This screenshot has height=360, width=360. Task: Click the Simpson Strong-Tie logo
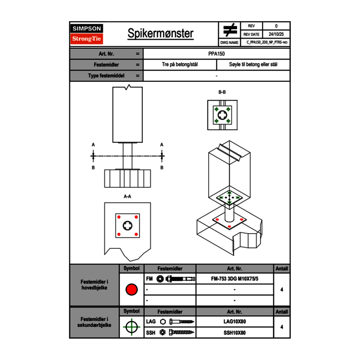click(x=87, y=34)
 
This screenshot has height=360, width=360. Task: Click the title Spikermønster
click(x=160, y=34)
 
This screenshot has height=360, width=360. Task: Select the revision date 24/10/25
click(x=276, y=34)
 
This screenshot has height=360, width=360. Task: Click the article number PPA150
click(x=216, y=54)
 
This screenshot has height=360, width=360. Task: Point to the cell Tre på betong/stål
click(x=180, y=65)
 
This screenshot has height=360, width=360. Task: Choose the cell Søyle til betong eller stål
click(x=253, y=65)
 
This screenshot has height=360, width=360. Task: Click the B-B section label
click(x=222, y=92)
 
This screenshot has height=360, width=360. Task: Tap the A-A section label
click(x=128, y=196)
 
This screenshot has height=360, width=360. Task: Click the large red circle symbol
click(x=131, y=290)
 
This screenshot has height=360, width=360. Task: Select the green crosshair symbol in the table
click(x=131, y=327)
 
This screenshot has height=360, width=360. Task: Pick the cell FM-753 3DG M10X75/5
click(x=234, y=279)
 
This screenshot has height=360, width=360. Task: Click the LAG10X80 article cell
click(x=234, y=322)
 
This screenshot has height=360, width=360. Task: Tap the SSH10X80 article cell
click(x=234, y=333)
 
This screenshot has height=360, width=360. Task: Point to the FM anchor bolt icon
click(x=175, y=279)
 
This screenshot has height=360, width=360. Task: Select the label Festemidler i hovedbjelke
click(x=94, y=285)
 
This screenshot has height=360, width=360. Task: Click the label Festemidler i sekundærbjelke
click(x=94, y=322)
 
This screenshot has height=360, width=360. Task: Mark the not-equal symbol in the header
click(x=230, y=30)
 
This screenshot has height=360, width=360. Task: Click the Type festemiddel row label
click(x=106, y=76)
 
